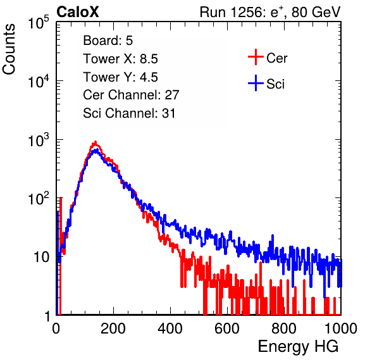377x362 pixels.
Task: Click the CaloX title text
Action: click(77, 12)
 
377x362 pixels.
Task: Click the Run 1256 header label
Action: click(270, 12)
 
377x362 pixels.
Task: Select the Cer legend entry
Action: click(276, 58)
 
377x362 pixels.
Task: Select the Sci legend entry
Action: click(275, 84)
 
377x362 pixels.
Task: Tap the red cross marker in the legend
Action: click(256, 57)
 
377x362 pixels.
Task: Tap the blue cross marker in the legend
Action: click(256, 83)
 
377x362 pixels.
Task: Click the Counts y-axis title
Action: click(9, 49)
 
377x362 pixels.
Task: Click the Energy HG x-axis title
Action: click(298, 347)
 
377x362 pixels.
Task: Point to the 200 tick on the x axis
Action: click(113, 328)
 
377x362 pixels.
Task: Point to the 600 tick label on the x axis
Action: click(227, 328)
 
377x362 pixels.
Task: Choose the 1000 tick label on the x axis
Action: click(341, 328)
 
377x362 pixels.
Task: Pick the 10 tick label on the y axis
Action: click(41, 257)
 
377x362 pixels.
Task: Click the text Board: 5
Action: click(108, 41)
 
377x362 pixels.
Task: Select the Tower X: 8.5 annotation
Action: click(120, 59)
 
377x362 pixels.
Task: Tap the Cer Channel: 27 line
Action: click(131, 95)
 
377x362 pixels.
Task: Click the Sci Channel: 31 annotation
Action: click(129, 113)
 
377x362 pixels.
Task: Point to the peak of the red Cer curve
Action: click(96, 142)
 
